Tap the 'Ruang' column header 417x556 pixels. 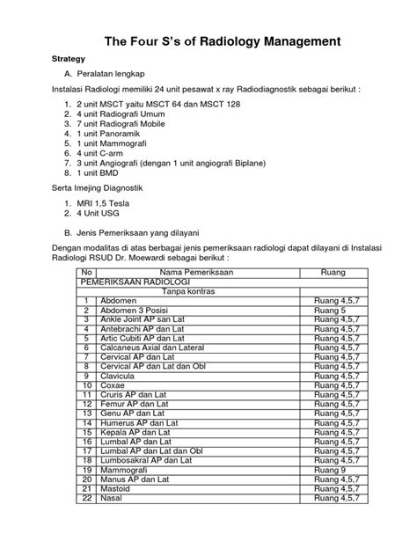[x=334, y=273]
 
